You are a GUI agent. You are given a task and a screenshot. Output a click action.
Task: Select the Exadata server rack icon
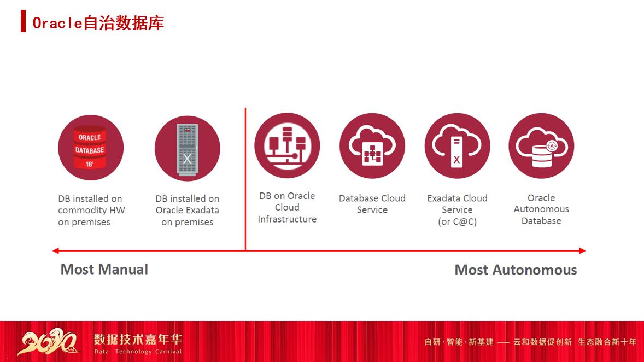pos(188,148)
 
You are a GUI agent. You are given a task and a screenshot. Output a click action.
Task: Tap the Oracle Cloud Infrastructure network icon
pos(287,146)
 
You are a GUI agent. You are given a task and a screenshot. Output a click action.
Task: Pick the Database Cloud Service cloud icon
pos(372,146)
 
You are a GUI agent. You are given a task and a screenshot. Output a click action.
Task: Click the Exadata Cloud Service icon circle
pos(457,146)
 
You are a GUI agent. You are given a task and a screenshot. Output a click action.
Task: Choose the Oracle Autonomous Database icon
pos(541,146)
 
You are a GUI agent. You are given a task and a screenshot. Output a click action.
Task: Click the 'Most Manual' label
pos(104,269)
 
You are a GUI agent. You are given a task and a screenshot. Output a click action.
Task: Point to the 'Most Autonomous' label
pos(516,270)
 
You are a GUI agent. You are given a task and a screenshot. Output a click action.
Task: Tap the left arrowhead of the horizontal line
pos(55,251)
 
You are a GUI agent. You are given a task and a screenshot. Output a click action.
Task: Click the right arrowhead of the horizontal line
pos(582,251)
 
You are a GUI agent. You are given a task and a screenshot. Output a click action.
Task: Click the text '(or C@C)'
pos(457,222)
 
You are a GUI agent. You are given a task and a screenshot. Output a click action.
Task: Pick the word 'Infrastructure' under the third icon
pos(287,219)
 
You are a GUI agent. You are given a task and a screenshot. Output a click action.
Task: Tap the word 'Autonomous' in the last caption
pos(541,209)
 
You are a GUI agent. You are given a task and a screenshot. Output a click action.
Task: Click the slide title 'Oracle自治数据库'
pos(98,22)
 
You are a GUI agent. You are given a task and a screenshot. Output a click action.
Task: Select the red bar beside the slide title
pos(23,21)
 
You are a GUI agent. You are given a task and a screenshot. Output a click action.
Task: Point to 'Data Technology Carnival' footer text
pos(138,352)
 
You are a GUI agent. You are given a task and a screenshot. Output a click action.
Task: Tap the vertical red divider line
pos(245,180)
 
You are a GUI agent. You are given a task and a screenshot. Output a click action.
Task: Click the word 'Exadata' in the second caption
pos(202,211)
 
